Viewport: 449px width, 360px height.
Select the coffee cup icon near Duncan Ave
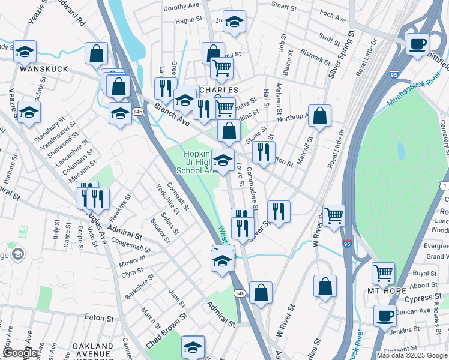click(385, 315)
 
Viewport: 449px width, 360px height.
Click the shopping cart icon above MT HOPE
click(383, 273)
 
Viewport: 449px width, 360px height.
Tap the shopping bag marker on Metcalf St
click(320, 116)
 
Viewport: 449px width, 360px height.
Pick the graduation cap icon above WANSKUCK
click(25, 52)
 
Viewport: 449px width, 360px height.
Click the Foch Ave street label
click(333, 17)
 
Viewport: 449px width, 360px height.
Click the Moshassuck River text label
click(415, 90)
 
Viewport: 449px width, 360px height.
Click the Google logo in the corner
click(20, 353)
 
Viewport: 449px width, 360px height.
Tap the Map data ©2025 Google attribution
click(412, 355)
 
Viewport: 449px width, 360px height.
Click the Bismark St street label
click(315, 56)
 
